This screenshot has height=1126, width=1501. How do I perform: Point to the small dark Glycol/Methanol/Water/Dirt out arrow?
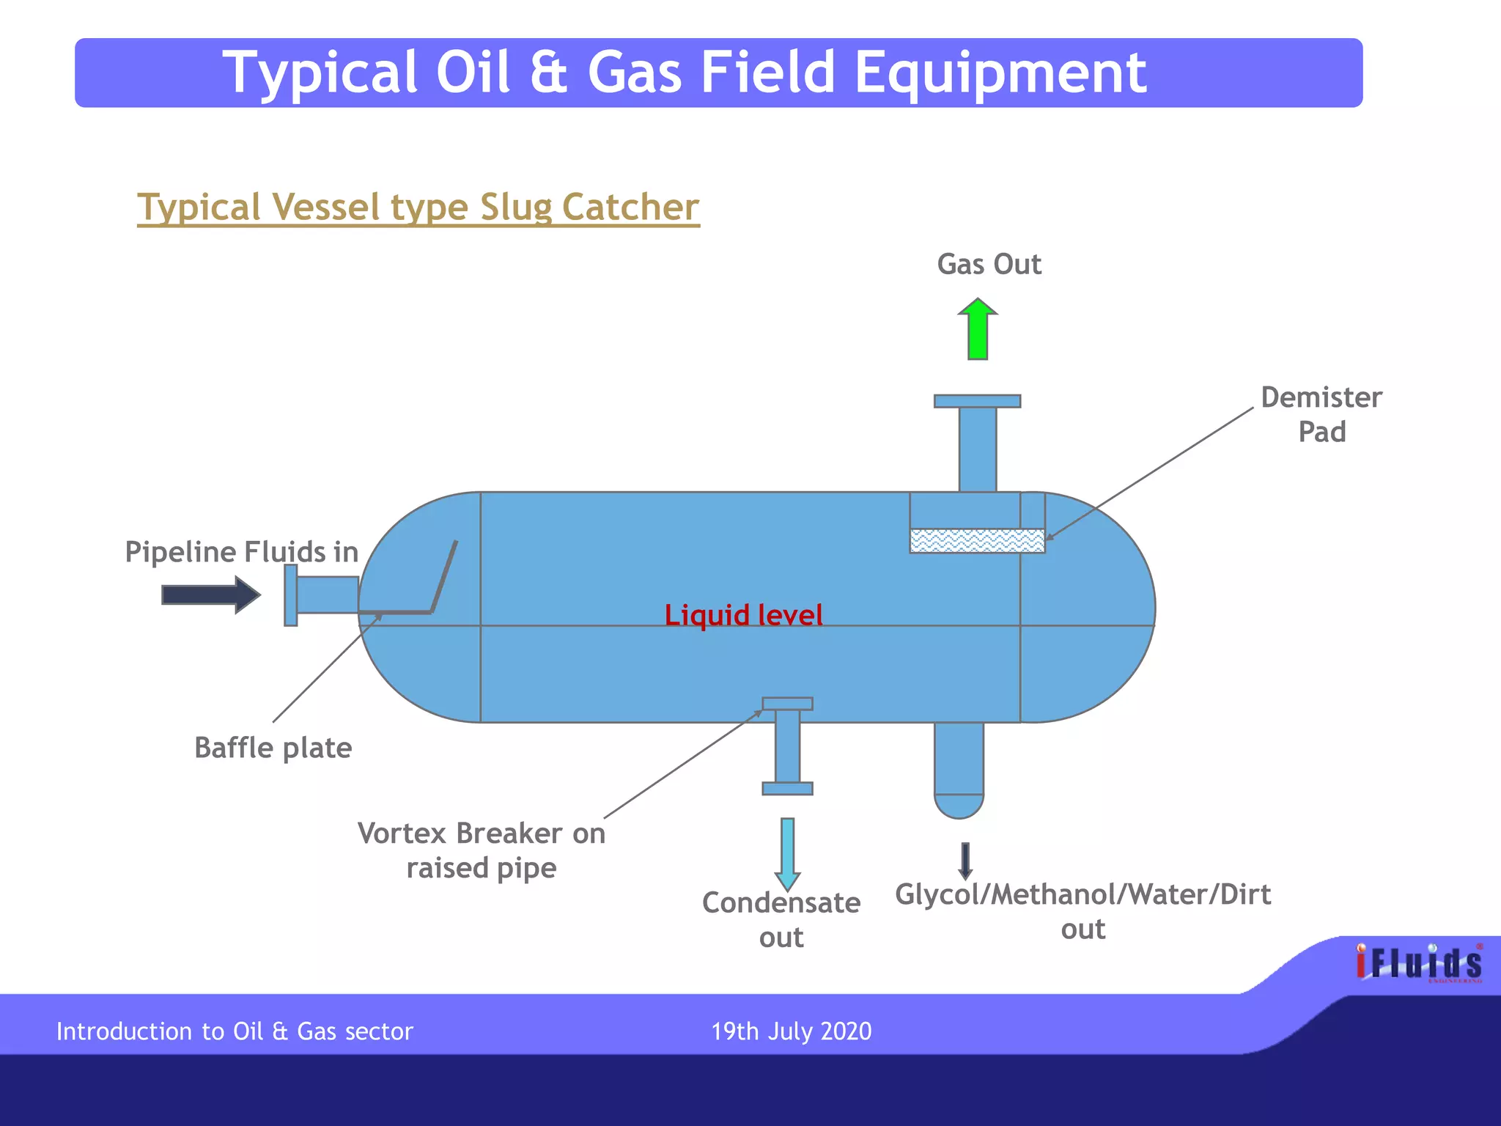[965, 861]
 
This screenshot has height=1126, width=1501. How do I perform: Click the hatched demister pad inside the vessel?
[977, 541]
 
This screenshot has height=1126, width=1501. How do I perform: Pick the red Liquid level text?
[743, 615]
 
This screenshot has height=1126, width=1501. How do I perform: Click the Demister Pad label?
[1321, 414]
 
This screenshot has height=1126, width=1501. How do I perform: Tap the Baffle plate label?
[273, 748]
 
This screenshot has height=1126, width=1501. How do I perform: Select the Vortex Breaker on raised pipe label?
[482, 850]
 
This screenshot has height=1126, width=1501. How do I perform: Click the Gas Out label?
[989, 264]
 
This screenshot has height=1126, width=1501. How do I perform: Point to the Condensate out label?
[781, 919]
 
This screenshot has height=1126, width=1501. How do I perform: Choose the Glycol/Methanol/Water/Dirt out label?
[1083, 911]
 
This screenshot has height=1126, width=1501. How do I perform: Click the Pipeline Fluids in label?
[241, 551]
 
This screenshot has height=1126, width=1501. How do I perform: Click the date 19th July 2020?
[792, 1031]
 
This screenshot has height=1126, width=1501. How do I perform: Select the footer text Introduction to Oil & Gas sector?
[235, 1031]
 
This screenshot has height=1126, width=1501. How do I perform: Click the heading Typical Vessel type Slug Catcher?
[418, 207]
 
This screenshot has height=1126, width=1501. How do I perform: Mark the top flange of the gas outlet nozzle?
[977, 401]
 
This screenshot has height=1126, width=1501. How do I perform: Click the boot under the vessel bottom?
[959, 770]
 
